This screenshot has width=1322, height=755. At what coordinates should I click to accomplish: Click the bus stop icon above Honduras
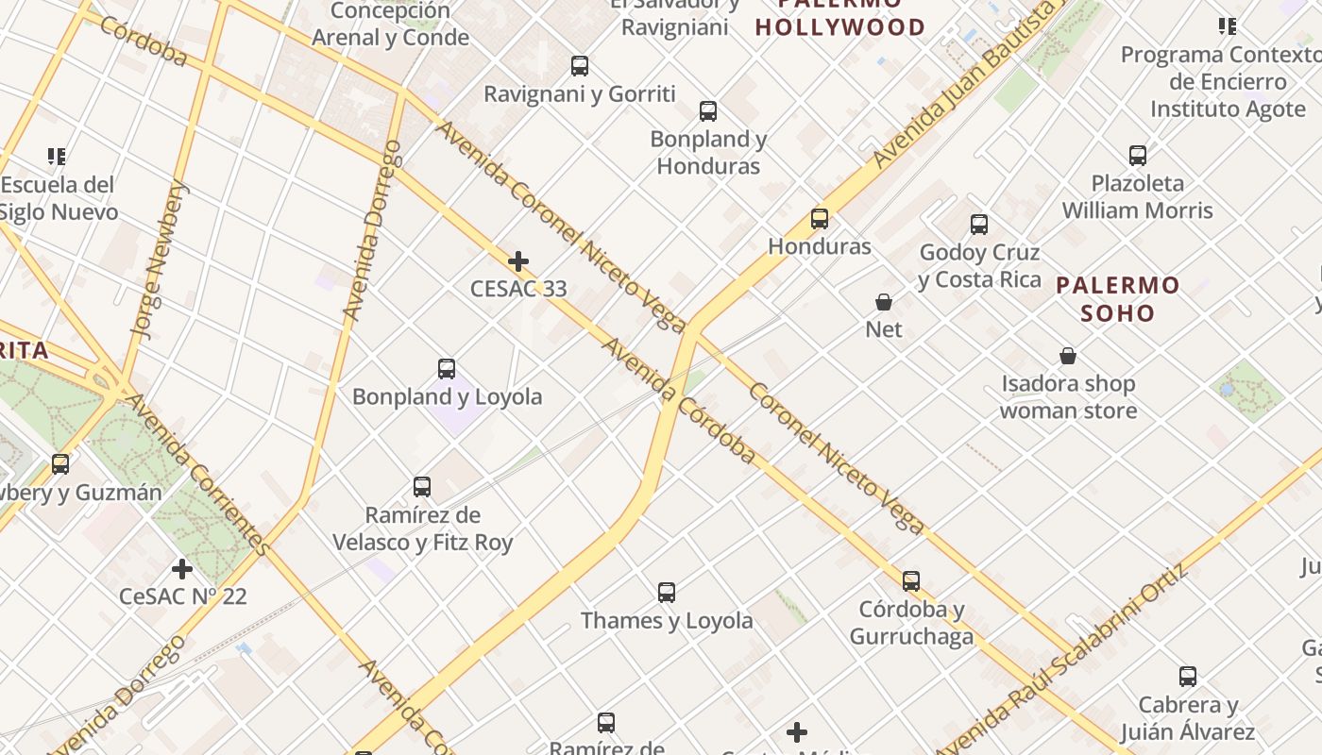820,219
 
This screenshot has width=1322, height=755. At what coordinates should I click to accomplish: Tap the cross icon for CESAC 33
518,261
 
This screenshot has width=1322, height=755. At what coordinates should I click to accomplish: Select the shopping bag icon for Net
884,302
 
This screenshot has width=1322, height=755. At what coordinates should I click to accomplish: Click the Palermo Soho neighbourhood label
1118,298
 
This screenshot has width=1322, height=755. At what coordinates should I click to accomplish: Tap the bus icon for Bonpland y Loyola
447,369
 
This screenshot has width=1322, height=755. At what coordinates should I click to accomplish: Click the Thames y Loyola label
667,620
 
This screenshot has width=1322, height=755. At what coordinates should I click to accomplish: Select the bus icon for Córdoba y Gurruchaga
910,581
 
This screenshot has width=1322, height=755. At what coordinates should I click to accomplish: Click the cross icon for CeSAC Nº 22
182,569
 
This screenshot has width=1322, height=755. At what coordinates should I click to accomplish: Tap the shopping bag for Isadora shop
1068,356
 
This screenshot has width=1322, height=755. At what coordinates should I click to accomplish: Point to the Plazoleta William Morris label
1137,196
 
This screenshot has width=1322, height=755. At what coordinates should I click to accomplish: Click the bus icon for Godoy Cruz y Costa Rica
979,225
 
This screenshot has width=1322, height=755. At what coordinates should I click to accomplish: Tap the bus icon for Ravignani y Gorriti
580,66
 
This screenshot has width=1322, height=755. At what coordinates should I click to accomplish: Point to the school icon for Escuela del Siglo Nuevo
57,156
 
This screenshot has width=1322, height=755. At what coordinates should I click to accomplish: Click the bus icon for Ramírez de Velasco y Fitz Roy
422,487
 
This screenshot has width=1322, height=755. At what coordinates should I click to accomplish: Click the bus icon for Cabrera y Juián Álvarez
1188,677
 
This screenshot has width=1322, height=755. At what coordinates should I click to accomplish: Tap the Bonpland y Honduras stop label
708,152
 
